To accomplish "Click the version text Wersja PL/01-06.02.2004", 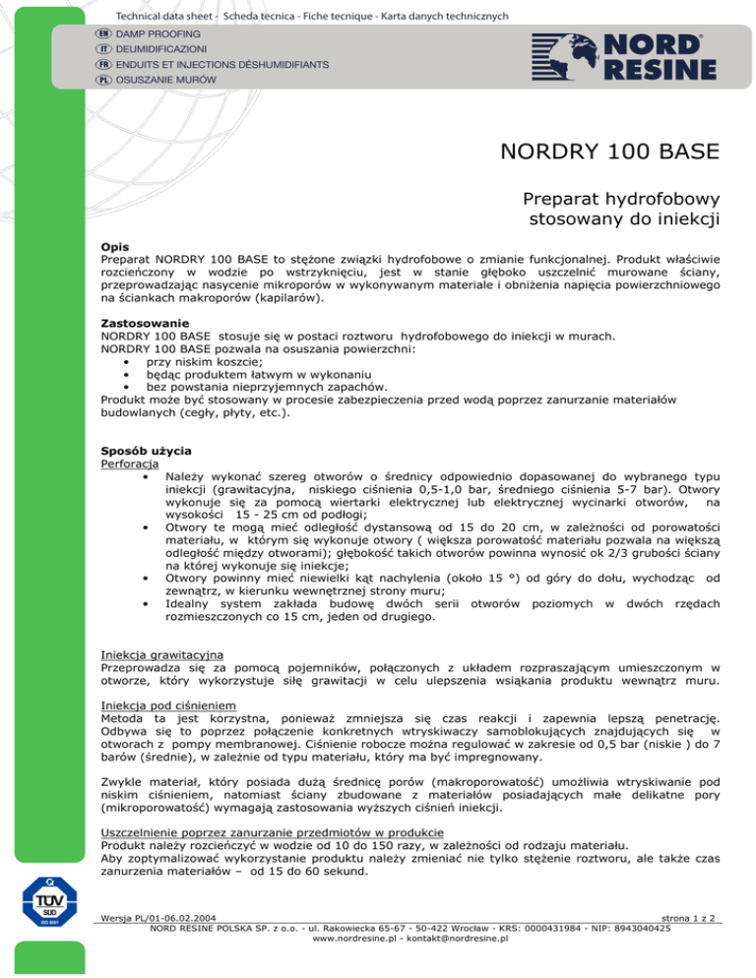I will (160, 945).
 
